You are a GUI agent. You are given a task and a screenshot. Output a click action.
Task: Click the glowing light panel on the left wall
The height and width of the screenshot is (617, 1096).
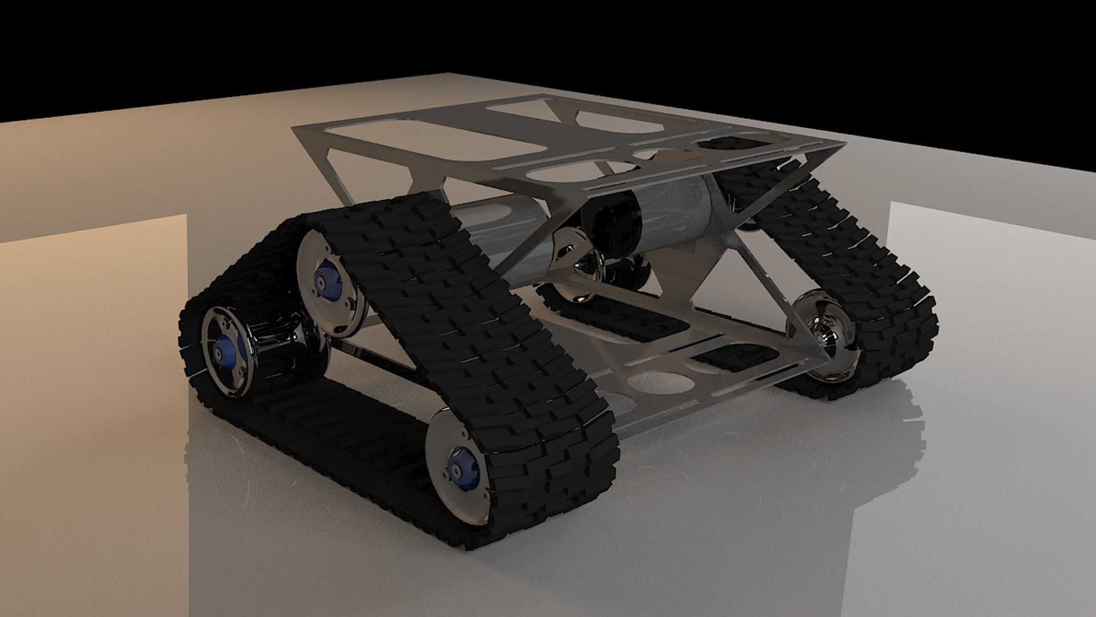coord(91,400)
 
